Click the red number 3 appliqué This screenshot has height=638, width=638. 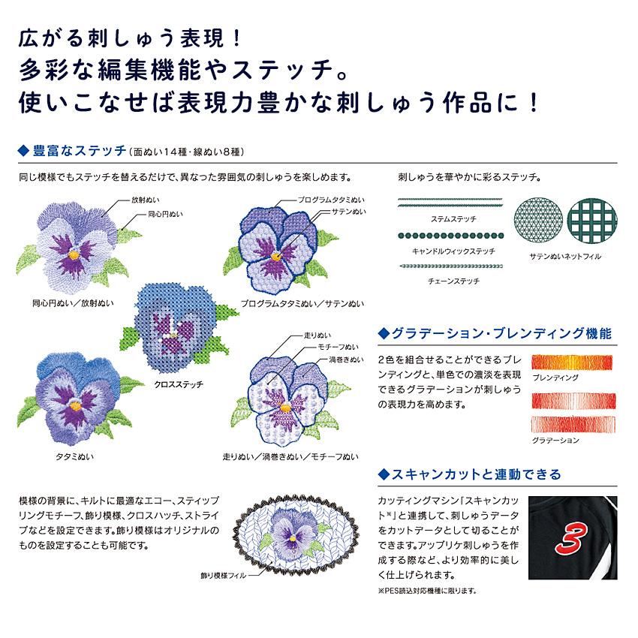tap(573, 539)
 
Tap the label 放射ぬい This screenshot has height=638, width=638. tap(146, 200)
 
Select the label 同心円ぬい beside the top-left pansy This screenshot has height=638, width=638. tap(165, 214)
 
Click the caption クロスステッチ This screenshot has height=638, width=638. tap(178, 384)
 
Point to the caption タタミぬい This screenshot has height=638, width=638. tap(74, 456)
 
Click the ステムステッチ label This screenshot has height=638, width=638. tap(453, 219)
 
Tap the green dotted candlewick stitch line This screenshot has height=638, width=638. tap(451, 236)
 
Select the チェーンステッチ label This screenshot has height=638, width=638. tap(453, 281)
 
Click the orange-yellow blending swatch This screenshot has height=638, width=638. tap(572, 362)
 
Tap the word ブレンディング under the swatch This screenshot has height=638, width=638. tap(555, 378)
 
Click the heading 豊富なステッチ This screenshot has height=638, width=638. tap(80, 151)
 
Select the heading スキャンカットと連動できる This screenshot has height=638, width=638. tap(476, 474)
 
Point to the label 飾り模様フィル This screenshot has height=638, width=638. tap(224, 576)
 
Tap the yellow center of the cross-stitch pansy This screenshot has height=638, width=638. tap(173, 336)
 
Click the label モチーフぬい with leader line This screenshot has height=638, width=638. tap(338, 347)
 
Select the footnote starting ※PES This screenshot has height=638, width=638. tap(427, 591)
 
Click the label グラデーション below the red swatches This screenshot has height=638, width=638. tap(555, 441)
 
